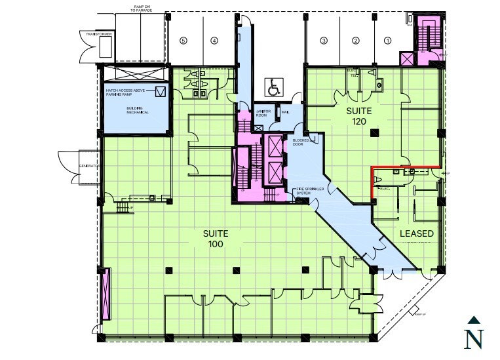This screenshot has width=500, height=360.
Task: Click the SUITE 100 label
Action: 216,239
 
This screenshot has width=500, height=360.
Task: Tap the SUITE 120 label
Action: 358,117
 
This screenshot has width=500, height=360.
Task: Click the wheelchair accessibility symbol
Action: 273,85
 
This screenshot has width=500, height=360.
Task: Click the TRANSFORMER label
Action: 95,33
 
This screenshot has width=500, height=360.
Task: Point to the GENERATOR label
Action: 88,166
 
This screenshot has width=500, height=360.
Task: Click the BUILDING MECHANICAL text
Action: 138,110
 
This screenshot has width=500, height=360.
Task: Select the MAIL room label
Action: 285,112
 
